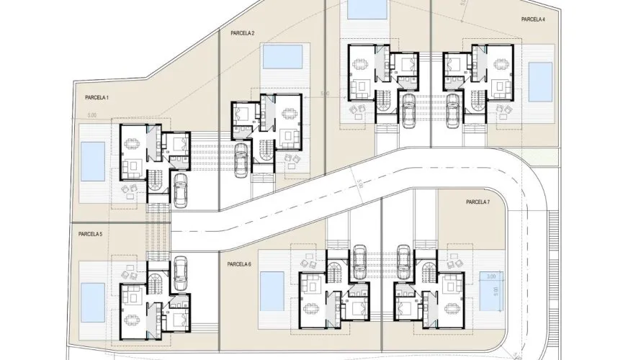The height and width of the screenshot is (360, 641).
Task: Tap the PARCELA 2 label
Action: pos(243,33)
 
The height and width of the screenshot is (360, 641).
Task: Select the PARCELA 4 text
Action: pos(534,20)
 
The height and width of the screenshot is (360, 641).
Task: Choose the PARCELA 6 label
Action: pos(239,264)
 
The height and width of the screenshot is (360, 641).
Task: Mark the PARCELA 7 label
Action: pos(478,202)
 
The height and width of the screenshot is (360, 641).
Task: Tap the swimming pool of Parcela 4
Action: pos(537,82)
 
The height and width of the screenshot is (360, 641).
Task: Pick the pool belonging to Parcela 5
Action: pos(92,300)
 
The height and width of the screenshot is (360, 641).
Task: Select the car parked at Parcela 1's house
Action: pos(180,191)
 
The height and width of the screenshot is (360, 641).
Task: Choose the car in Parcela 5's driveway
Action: pos(180,270)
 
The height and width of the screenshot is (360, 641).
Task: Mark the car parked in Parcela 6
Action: pos(359,259)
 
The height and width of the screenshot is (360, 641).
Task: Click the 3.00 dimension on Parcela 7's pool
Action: pos(490,276)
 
